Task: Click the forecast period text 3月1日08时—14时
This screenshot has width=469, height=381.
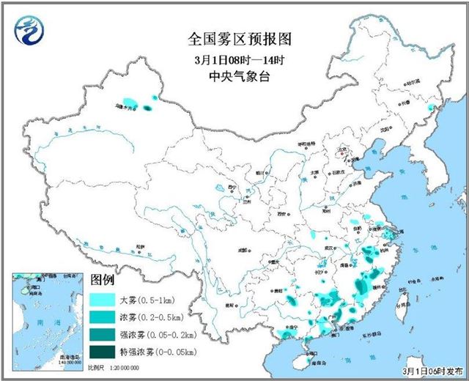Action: coord(234,58)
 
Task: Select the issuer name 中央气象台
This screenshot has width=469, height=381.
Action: coord(234,75)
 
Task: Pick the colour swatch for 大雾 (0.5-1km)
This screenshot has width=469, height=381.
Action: coord(107,300)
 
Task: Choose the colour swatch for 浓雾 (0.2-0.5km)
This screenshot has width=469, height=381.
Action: coord(107,317)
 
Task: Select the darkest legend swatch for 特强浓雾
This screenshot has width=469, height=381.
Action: coord(107,352)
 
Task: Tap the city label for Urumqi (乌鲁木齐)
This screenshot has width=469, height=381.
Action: coord(127,108)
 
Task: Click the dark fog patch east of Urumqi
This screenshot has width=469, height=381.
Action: coord(147,108)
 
